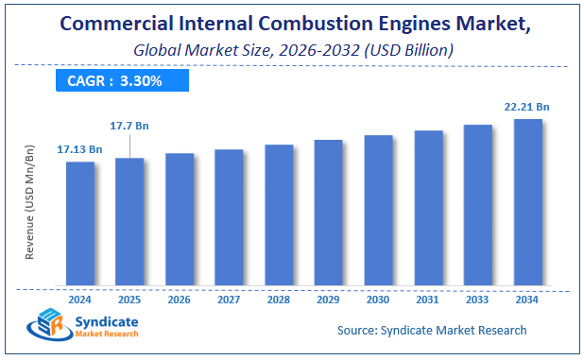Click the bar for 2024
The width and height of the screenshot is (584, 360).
[80, 223]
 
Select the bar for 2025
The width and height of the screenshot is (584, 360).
[129, 221]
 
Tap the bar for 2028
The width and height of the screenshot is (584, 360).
[279, 214]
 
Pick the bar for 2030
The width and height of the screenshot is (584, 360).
[378, 210]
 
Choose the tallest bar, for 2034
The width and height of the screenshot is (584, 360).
[527, 201]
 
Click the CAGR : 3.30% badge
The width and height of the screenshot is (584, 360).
[114, 80]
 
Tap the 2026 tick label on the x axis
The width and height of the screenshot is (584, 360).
[180, 300]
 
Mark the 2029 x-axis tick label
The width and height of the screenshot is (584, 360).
[328, 300]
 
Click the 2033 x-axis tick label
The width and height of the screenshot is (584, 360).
[477, 300]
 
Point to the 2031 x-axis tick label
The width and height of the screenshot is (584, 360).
[428, 300]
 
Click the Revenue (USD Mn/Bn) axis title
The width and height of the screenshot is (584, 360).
[30, 202]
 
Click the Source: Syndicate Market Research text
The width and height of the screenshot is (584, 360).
[432, 330]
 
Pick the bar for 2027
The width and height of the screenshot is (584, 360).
[229, 217]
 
